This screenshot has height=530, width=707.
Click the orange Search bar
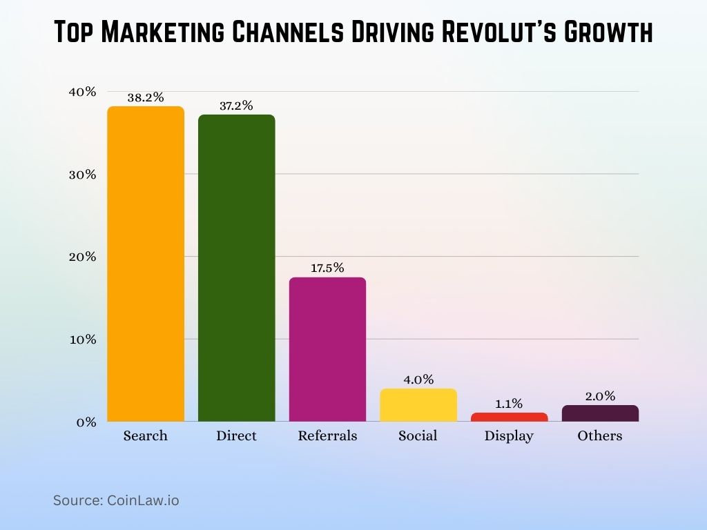pyautogui.click(x=146, y=264)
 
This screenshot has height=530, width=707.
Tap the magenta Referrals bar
pyautogui.click(x=327, y=349)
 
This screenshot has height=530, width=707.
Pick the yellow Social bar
pyautogui.click(x=418, y=405)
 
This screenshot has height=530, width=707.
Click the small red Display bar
pyautogui.click(x=509, y=418)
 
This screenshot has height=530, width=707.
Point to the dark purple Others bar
pyautogui.click(x=600, y=413)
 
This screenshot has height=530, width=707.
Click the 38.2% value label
pyautogui.click(x=146, y=97)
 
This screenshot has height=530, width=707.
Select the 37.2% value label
pyautogui.click(x=236, y=106)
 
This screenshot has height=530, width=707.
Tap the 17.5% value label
pyautogui.click(x=327, y=268)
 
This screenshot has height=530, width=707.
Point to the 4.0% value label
pyautogui.click(x=418, y=380)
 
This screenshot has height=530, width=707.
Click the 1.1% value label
pyautogui.click(x=509, y=404)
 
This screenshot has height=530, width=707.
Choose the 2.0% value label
pyautogui.click(x=600, y=396)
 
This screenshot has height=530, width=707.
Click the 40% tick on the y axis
pyautogui.click(x=81, y=92)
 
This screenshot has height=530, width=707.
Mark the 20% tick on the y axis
pyautogui.click(x=81, y=257)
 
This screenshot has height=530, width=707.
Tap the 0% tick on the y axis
pyautogui.click(x=85, y=422)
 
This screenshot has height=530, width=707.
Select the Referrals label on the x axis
pyautogui.click(x=327, y=436)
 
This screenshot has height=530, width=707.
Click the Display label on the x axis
pyautogui.click(x=509, y=436)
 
